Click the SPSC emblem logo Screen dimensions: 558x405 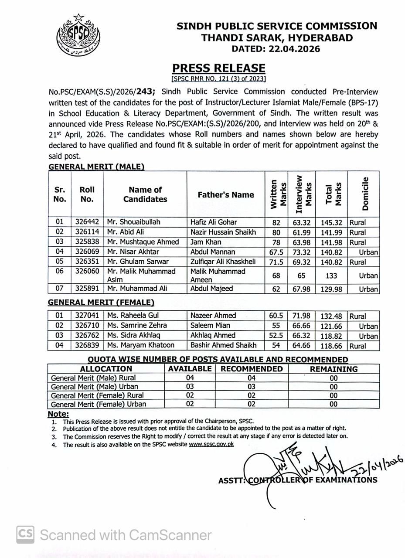click(x=78, y=34)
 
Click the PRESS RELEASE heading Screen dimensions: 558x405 click(x=218, y=68)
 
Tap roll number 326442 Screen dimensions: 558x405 click(x=87, y=222)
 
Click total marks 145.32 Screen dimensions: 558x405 click(x=331, y=222)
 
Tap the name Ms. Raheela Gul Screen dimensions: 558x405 click(x=133, y=315)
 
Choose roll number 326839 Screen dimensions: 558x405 click(x=87, y=345)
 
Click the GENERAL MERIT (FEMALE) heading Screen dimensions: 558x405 click(x=101, y=302)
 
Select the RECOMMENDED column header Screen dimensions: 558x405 click(x=252, y=369)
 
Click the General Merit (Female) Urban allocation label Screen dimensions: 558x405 click(x=99, y=404)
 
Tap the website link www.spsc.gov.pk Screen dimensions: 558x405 click(x=211, y=444)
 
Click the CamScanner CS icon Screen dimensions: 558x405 click(x=26, y=535)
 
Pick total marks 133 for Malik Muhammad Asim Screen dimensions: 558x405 click(x=331, y=276)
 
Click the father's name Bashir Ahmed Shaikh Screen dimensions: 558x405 click(x=223, y=345)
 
